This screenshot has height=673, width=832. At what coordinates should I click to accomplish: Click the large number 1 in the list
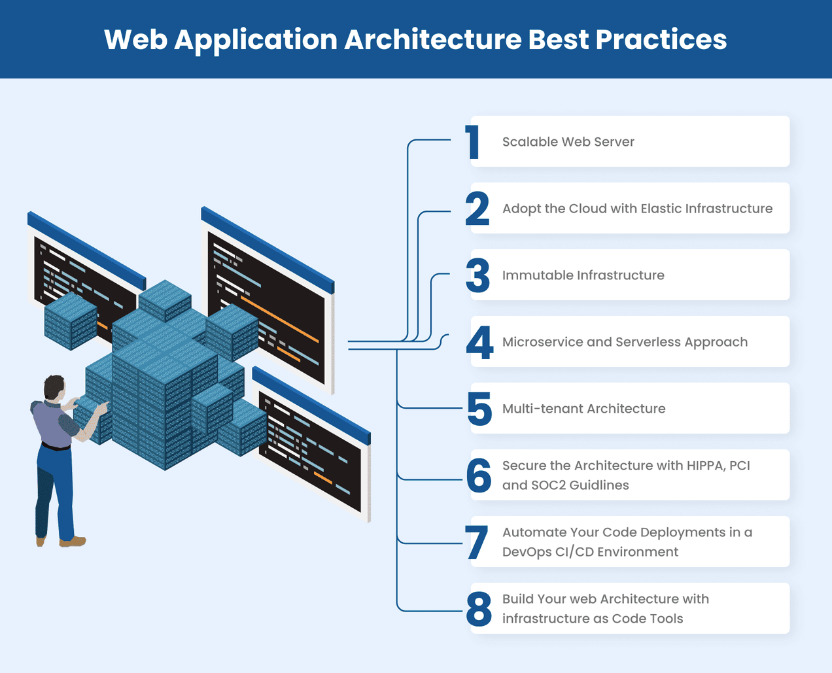pos(474,143)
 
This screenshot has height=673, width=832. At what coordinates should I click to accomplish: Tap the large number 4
pos(479,343)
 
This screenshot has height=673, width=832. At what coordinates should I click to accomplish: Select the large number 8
pos(479,610)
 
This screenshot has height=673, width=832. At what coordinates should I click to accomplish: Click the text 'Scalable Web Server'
pos(568,142)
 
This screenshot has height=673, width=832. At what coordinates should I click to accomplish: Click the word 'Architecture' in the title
pos(433,39)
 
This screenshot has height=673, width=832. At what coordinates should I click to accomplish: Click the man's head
pos(54,387)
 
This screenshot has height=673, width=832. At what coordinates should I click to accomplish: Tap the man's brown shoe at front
pos(73,542)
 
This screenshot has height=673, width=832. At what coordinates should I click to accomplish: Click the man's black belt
pos(56,447)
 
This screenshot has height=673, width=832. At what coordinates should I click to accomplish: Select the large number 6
pos(479,476)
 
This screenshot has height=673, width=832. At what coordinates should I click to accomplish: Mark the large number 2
pos(477,209)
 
